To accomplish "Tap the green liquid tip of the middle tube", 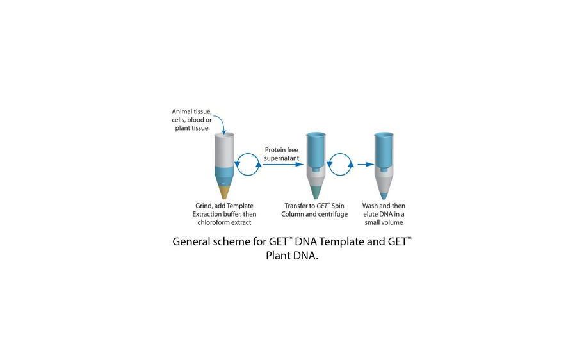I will (x=316, y=191).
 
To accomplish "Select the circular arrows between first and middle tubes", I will (x=248, y=164).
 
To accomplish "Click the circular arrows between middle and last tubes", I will (x=340, y=164).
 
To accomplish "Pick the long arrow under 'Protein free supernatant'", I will (x=282, y=165).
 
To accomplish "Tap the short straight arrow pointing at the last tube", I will (x=365, y=165).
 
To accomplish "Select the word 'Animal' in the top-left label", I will (x=182, y=112).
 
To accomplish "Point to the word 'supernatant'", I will (x=282, y=158).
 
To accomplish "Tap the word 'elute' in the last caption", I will (x=371, y=214).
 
